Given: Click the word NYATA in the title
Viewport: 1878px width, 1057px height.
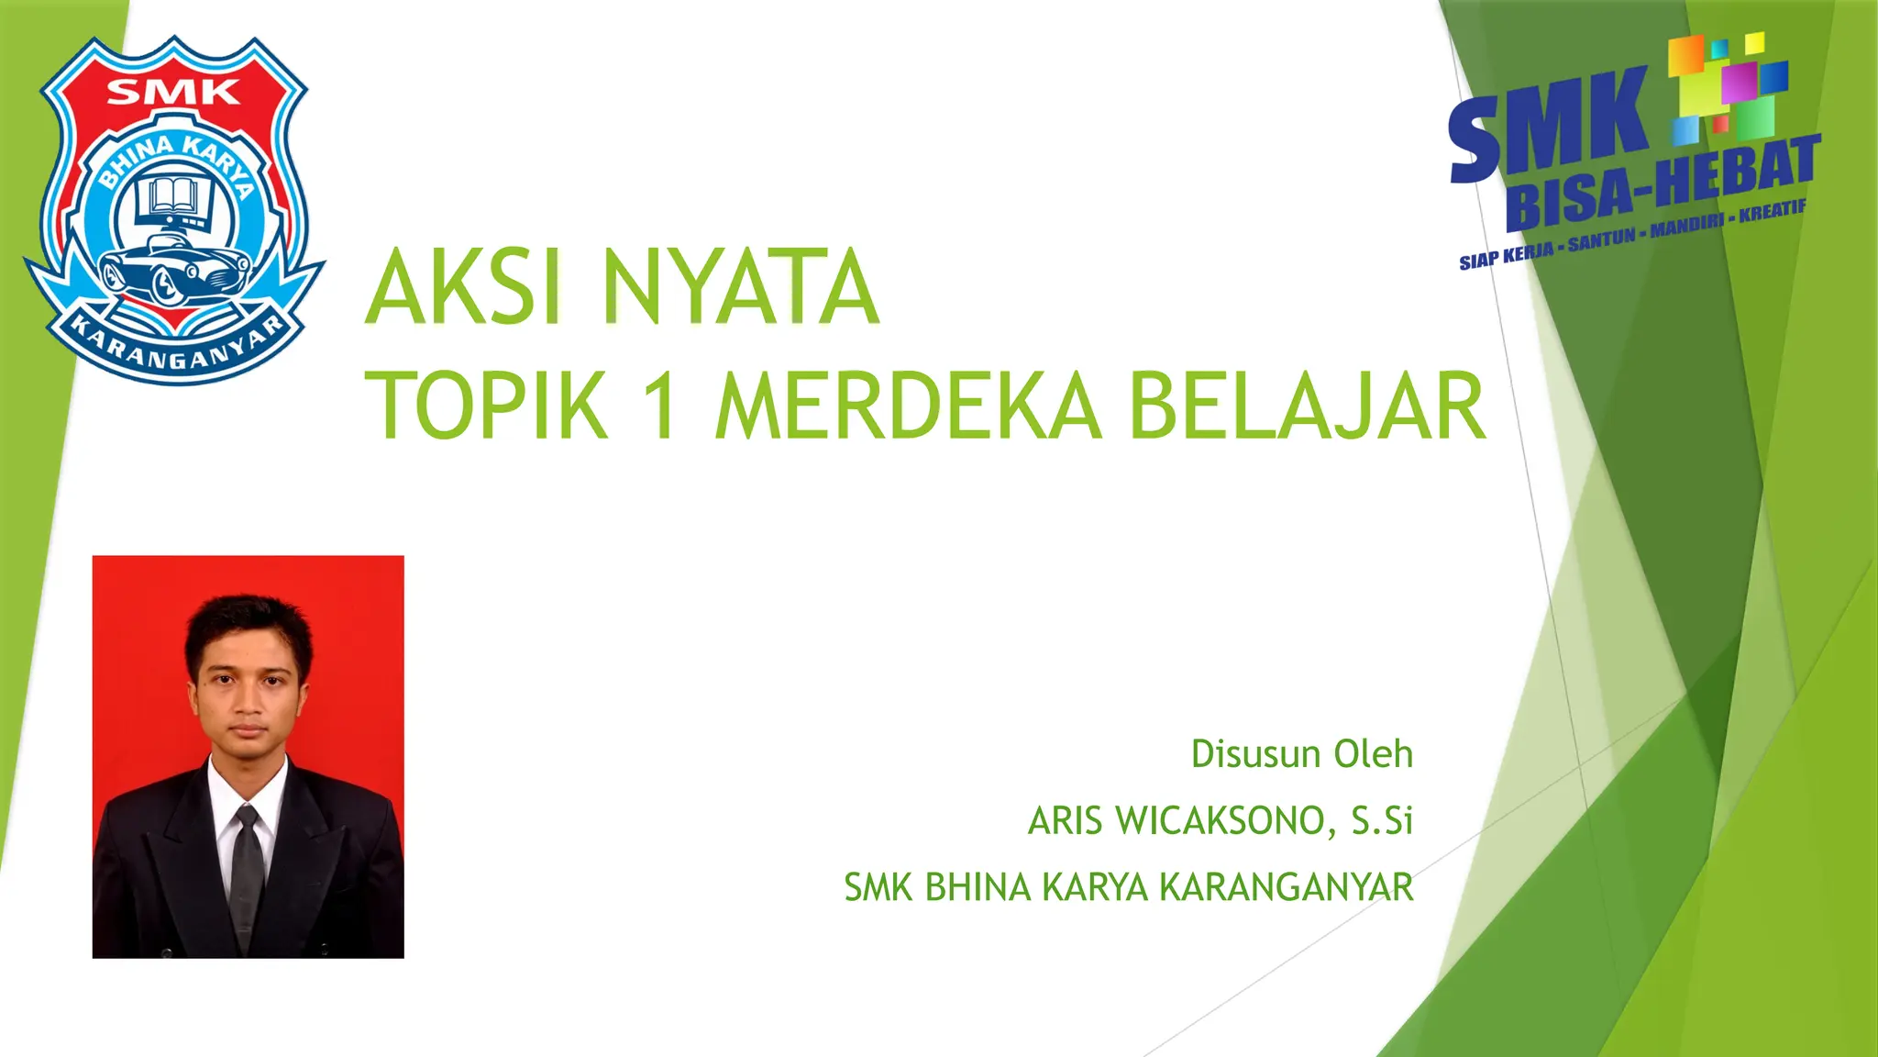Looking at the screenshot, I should click(741, 287).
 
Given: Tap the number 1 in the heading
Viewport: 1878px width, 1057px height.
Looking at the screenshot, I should click(660, 406).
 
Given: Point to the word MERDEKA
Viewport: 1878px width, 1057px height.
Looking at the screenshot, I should click(908, 406).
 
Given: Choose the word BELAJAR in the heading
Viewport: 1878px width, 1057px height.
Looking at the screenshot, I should click(1307, 406).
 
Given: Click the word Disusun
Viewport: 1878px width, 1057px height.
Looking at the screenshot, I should click(1255, 754).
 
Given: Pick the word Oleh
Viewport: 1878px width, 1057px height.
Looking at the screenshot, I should click(1373, 754).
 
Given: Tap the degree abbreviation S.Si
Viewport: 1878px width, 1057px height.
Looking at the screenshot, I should click(1382, 821).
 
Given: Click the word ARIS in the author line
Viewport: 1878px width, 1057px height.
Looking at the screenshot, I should click(1064, 821).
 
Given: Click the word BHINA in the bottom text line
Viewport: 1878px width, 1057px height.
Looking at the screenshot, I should click(978, 887).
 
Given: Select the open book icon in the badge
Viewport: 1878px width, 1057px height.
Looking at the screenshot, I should click(172, 196).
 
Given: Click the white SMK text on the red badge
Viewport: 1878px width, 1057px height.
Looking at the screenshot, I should click(173, 93).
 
